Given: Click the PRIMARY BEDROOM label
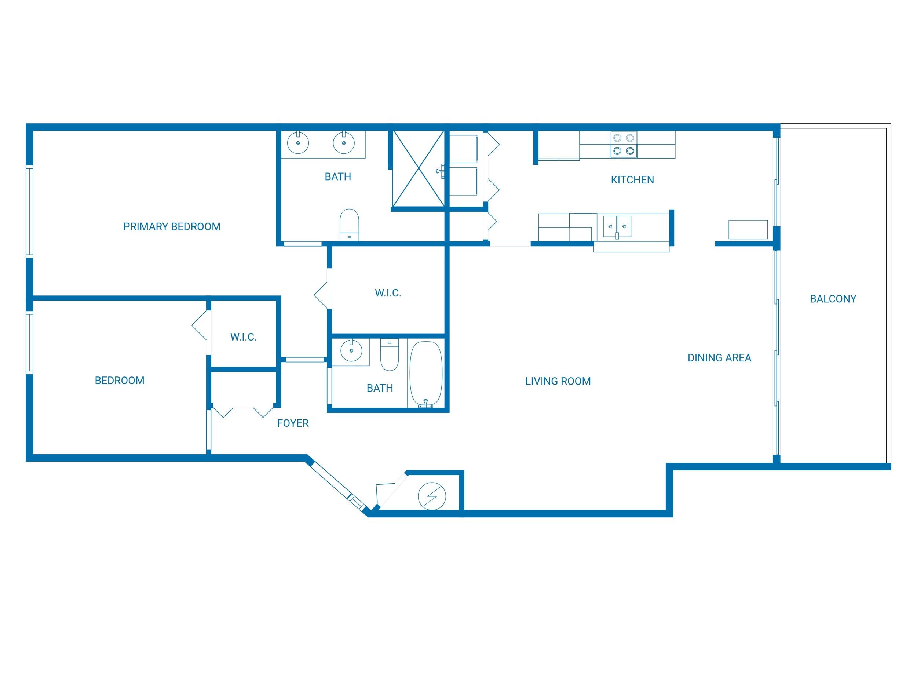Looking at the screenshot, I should click(172, 227).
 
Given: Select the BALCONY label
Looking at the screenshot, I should click(833, 299).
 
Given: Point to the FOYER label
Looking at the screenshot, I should click(293, 423).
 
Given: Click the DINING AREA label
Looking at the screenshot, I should click(719, 358).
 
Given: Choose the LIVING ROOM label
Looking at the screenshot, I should click(558, 381).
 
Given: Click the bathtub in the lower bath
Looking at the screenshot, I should click(426, 373).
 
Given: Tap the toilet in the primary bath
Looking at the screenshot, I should click(349, 224).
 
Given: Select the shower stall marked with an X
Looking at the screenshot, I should click(418, 168).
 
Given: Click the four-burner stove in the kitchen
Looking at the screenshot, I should click(624, 144).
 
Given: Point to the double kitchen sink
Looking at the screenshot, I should click(617, 226).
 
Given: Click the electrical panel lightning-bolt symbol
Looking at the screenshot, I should click(432, 496).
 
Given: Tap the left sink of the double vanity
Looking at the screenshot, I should click(297, 143).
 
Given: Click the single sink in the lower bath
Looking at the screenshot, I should click(351, 351).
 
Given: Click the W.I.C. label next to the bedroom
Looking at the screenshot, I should click(243, 337).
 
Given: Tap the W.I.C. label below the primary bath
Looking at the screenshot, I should click(388, 293).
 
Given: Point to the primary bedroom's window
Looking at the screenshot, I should click(29, 211).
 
